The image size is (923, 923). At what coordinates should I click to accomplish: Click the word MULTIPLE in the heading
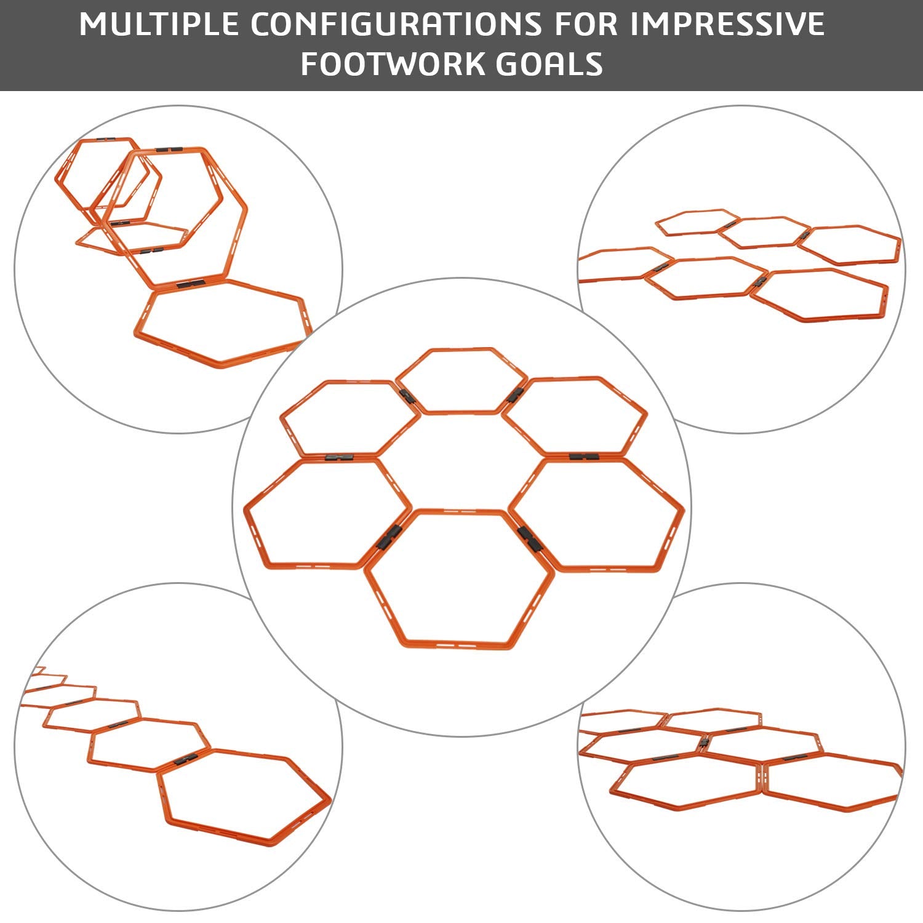(158, 24)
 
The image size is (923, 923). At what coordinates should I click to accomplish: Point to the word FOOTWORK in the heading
(393, 63)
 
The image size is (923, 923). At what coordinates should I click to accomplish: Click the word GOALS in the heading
(549, 63)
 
